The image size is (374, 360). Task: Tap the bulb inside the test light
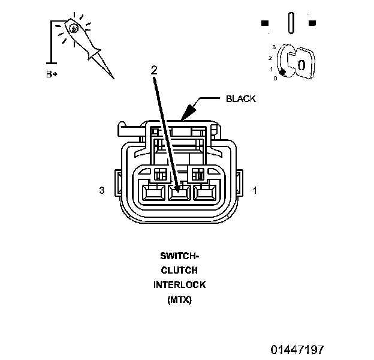click(73, 28)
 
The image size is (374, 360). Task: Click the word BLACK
click(240, 99)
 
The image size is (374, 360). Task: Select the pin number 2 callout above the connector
click(154, 70)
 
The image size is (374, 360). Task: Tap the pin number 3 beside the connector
click(102, 191)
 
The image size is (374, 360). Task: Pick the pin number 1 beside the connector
click(255, 191)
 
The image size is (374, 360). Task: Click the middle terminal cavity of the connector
click(179, 193)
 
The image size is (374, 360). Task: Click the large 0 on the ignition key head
click(301, 63)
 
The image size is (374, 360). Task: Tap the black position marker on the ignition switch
click(282, 73)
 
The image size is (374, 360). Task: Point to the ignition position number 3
click(274, 46)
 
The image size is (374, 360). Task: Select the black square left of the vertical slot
click(265, 23)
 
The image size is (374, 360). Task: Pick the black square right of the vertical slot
click(312, 23)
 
